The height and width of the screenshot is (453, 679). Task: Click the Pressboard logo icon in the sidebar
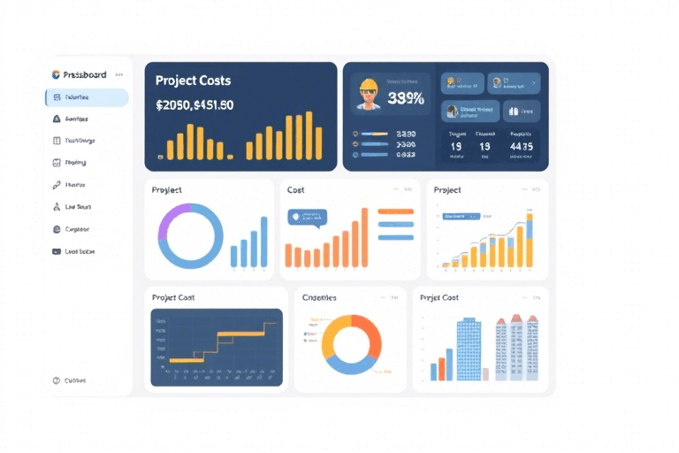[55, 75]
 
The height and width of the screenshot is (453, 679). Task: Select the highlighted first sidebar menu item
[87, 97]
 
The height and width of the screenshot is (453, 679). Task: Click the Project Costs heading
[194, 81]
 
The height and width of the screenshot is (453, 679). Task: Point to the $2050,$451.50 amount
[195, 104]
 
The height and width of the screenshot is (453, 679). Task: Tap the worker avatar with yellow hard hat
[368, 94]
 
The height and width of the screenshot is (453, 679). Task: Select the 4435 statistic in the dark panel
[522, 147]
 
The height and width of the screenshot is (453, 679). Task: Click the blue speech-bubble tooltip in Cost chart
[307, 216]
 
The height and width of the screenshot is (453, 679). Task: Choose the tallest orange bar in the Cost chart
[364, 237]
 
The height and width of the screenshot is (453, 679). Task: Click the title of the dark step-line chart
[173, 298]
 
